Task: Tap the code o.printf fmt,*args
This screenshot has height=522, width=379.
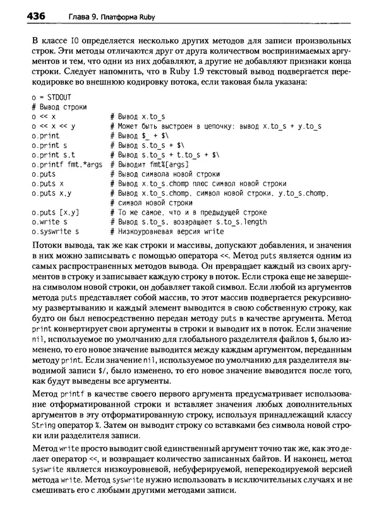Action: click(x=66, y=165)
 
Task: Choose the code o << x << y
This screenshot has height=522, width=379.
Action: click(x=53, y=126)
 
